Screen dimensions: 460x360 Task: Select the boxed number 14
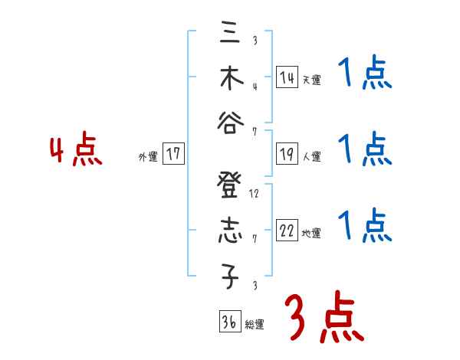click(287, 77)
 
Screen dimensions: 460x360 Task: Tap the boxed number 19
click(287, 154)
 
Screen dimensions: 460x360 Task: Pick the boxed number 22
click(287, 231)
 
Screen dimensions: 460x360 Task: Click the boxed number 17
click(173, 154)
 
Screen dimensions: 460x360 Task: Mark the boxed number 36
click(228, 321)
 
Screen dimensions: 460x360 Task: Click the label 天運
click(311, 79)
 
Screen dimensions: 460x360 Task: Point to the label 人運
click(311, 156)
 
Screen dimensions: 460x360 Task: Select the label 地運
click(311, 233)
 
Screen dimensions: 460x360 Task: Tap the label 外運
click(147, 156)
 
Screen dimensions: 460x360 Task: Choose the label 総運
click(254, 324)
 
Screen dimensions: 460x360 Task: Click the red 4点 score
click(75, 150)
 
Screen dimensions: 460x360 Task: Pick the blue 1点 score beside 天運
click(365, 74)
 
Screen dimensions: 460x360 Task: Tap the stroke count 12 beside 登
click(254, 194)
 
